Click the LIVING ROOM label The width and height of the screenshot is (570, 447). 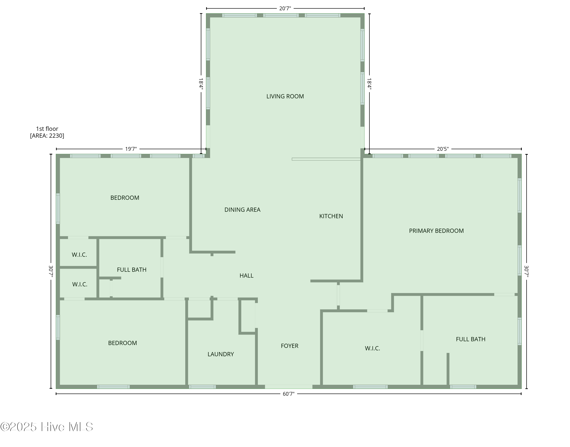[285, 96]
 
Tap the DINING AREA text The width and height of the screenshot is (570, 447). [242, 210]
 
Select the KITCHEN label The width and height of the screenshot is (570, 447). [331, 216]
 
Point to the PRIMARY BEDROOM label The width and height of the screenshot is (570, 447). [436, 231]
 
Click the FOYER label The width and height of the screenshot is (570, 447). [289, 346]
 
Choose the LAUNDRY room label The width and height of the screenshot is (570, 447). [220, 354]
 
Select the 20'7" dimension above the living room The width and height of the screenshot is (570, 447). [285, 9]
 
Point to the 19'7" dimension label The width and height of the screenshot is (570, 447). [131, 149]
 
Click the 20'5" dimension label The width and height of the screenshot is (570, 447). [443, 149]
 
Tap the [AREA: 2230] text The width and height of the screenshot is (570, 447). [47, 136]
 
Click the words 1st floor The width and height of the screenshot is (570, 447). [47, 129]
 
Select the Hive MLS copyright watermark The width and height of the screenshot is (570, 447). [47, 427]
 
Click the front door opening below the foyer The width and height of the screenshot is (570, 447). [289, 387]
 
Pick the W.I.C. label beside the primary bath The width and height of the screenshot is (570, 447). [372, 348]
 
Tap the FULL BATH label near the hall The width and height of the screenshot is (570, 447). [131, 270]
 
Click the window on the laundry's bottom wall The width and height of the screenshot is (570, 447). [202, 387]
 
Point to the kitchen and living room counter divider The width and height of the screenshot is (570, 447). [326, 159]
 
